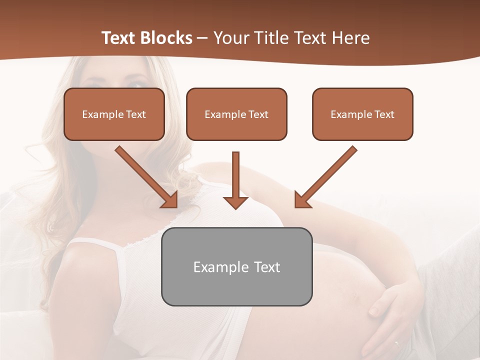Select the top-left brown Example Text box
pyautogui.click(x=114, y=114)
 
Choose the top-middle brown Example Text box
pyautogui.click(x=236, y=114)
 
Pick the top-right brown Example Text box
pyautogui.click(x=362, y=114)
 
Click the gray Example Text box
pyautogui.click(x=236, y=266)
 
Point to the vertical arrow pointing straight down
pyautogui.click(x=235, y=180)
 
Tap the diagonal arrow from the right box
pyautogui.click(x=325, y=177)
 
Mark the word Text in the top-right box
pyautogui.click(x=384, y=114)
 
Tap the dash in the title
pyautogui.click(x=202, y=38)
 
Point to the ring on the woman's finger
pyautogui.click(x=397, y=343)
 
